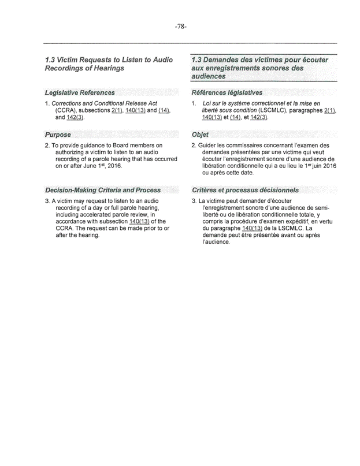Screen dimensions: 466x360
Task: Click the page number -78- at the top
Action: [x=180, y=27]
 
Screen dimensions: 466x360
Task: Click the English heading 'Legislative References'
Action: [x=80, y=92]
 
